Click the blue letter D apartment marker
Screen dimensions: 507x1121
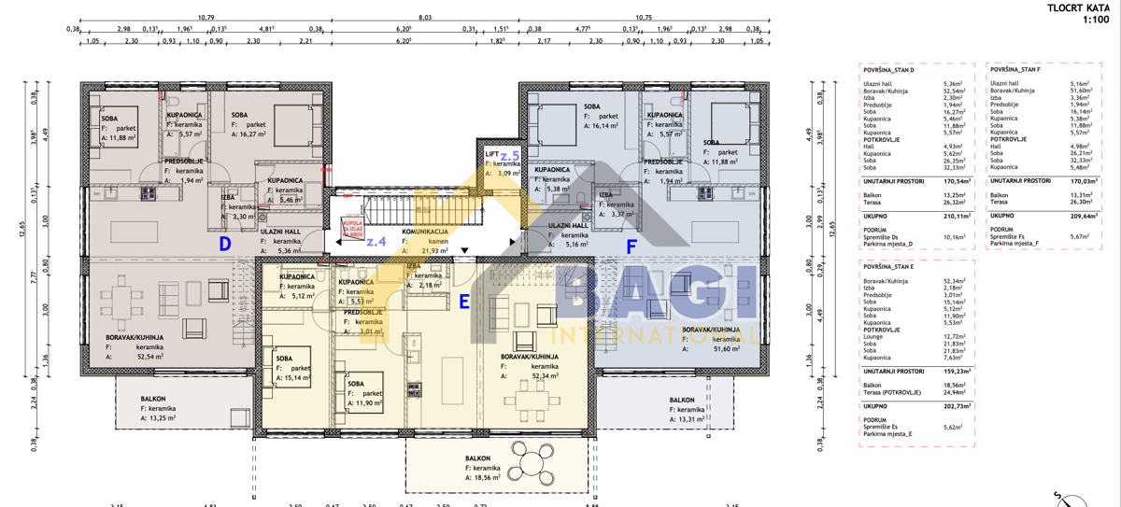(x=224, y=245)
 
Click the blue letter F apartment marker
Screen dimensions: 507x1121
(x=631, y=247)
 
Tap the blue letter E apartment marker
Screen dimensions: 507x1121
(x=464, y=302)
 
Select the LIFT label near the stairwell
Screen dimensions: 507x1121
(x=492, y=153)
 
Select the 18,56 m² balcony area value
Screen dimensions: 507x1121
(x=489, y=477)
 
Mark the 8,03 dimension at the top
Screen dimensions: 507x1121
(x=425, y=17)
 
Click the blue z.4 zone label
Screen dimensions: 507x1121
(x=376, y=242)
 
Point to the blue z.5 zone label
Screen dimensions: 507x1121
(x=509, y=156)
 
